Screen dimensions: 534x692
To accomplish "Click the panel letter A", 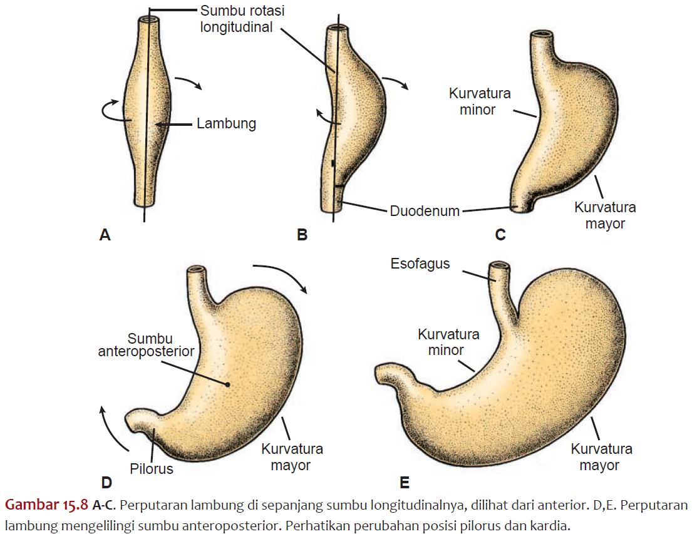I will (105, 235).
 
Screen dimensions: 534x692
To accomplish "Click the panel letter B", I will (302, 235).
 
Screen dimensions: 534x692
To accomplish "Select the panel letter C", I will (500, 235).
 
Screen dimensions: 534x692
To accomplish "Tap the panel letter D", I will (106, 482).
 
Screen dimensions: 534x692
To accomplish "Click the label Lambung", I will (226, 124).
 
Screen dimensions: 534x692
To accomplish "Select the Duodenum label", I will (425, 212).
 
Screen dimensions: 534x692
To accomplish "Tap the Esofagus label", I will (420, 264).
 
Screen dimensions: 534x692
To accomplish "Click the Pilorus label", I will (152, 468).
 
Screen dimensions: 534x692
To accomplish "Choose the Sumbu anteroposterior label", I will (146, 345).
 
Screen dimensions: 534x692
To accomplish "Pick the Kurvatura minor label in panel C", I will (480, 101).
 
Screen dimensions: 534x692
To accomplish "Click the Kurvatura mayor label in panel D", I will (292, 457).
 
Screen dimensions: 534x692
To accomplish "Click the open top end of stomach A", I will (148, 20).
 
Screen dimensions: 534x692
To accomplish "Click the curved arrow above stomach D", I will (279, 275).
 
